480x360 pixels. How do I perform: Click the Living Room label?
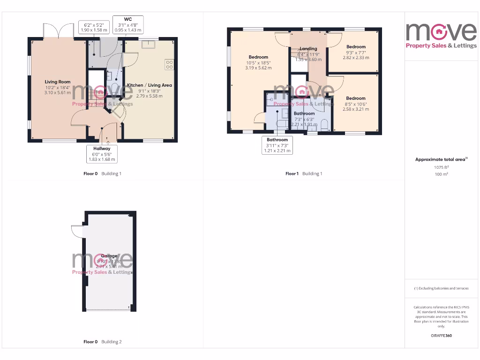(58, 82)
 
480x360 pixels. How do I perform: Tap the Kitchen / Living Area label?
(149, 85)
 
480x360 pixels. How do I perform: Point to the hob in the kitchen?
(169, 64)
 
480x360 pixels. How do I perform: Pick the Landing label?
(308, 49)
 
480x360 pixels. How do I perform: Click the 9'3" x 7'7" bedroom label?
(356, 47)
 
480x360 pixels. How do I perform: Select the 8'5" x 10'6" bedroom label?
(356, 98)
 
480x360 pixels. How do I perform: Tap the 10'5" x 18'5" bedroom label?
(258, 57)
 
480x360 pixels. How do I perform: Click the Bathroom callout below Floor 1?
(277, 145)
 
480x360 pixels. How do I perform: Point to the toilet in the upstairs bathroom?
(324, 125)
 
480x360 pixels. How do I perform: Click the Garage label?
(109, 256)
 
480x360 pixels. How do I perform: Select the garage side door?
(76, 231)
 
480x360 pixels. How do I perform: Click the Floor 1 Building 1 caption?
(304, 174)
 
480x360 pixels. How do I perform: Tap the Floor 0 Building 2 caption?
(102, 342)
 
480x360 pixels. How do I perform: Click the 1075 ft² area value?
(441, 167)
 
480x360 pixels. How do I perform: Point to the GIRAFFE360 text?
(441, 336)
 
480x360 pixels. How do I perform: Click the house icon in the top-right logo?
(441, 32)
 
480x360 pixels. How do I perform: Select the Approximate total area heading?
(441, 159)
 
